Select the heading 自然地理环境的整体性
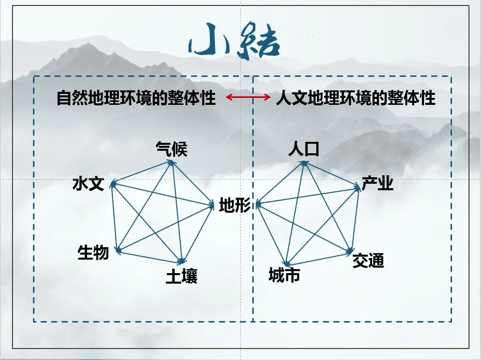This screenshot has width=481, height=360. pos(136,98)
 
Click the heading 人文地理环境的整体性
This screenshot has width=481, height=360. pos(356,98)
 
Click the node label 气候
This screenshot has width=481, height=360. pos(171,148)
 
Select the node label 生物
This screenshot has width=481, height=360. pos(93,253)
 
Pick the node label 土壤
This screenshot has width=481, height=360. pos(182,276)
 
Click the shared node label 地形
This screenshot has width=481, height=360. pos(235,205)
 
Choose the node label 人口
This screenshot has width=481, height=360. pos(303,148)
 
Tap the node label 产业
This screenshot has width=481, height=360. pos(378,183)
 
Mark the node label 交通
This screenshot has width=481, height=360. pos(368,260)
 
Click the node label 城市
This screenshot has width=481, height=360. pos(284,275)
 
